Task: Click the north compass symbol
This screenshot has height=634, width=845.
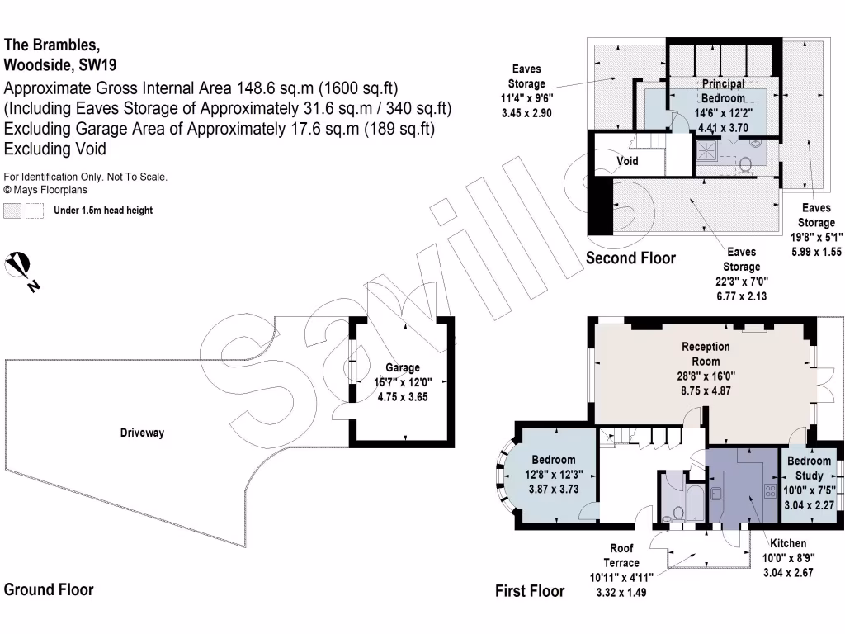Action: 21,269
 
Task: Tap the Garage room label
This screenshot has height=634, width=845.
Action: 403,367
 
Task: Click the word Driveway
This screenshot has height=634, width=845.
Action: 142,433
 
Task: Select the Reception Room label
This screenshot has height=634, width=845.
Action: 706,353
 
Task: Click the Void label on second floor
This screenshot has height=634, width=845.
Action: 628,161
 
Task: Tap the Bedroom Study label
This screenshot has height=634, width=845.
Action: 809,468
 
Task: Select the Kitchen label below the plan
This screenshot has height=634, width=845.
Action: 788,544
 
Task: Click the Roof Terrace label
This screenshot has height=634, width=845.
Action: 621,555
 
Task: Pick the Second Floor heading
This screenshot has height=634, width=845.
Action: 630,258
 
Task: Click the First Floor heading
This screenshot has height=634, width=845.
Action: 530,590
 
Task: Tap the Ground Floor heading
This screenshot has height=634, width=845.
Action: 49,589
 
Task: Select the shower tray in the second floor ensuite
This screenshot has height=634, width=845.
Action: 707,149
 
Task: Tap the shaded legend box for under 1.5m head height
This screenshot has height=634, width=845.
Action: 12,211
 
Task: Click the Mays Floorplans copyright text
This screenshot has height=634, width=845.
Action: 45,190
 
